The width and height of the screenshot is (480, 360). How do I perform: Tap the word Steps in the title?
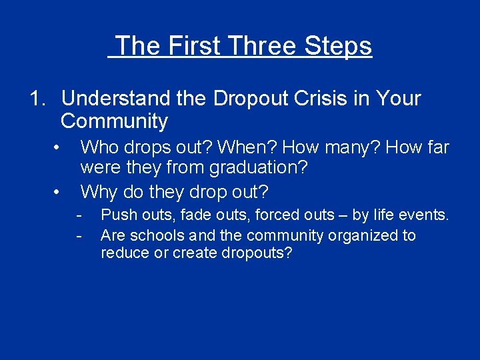pyautogui.click(x=339, y=46)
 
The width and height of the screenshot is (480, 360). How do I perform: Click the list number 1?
pyautogui.click(x=37, y=99)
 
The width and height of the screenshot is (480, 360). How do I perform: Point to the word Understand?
pyautogui.click(x=116, y=99)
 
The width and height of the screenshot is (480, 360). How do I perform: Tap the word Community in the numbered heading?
pyautogui.click(x=114, y=121)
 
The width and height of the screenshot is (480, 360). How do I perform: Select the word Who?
pyautogui.click(x=97, y=147)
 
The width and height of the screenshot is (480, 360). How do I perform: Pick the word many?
pyautogui.click(x=353, y=147)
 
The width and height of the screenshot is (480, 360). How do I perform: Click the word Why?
pyautogui.click(x=98, y=192)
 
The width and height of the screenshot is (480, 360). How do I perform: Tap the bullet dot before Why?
pyautogui.click(x=59, y=192)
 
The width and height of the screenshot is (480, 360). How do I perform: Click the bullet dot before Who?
pyautogui.click(x=59, y=147)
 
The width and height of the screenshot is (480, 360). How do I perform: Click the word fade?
pyautogui.click(x=194, y=215)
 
